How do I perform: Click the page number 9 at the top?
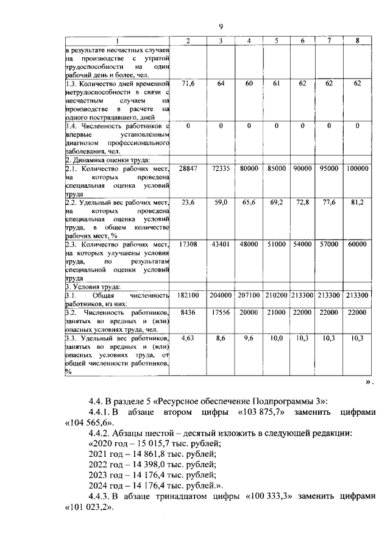pos(221,26)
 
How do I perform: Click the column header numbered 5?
pos(276,41)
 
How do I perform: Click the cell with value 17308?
pos(188,244)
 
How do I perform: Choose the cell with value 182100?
pos(188,295)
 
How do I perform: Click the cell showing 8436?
pos(188,312)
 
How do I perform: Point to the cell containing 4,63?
pos(188,337)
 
